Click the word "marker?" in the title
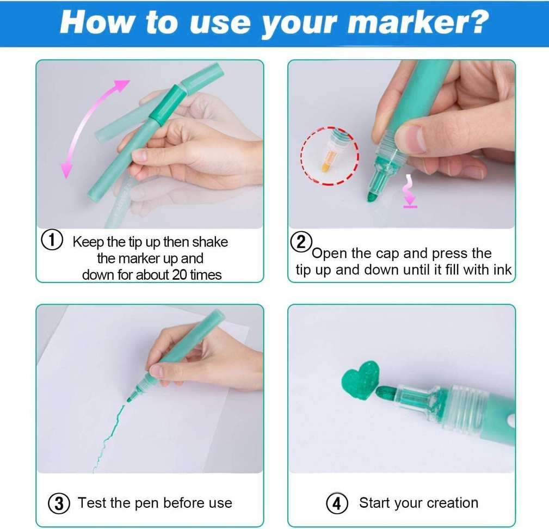[418, 22]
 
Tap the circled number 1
[52, 241]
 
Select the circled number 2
[301, 242]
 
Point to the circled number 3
[59, 503]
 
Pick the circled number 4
[337, 503]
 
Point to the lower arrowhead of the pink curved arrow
[66, 170]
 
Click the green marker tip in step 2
[372, 196]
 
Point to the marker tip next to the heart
[385, 391]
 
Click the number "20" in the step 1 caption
[180, 275]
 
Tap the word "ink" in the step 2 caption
[502, 270]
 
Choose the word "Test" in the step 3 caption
[92, 503]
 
